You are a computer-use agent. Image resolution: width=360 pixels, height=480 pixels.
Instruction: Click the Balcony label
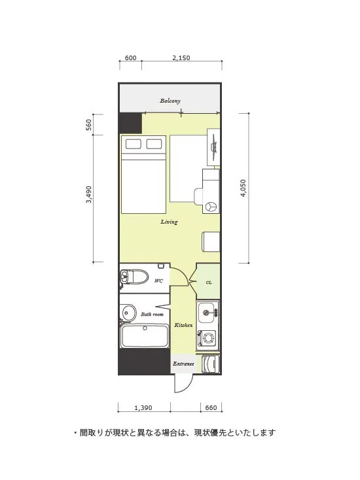[170, 101]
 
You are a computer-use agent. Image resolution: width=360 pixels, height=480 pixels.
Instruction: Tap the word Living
[169, 222]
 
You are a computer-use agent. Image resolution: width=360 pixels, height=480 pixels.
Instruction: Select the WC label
[158, 281]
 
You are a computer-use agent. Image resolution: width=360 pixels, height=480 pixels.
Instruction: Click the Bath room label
[152, 314]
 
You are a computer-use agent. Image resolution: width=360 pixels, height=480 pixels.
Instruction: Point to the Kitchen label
[183, 325]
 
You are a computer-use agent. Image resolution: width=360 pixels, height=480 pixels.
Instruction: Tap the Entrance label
[183, 364]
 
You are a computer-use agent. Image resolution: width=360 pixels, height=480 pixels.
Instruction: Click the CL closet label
[209, 283]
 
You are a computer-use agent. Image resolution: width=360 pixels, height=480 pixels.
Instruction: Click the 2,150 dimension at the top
[181, 58]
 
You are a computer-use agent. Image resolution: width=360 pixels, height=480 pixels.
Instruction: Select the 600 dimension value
[130, 58]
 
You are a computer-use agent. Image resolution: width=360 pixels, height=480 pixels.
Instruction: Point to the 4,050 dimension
[243, 188]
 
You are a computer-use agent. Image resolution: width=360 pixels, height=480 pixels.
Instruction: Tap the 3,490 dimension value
[88, 194]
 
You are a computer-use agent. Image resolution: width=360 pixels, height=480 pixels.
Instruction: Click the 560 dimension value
[88, 125]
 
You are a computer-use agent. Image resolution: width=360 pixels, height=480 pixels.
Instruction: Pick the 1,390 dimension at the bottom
[143, 408]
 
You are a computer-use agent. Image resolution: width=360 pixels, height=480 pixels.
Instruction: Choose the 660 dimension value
[211, 408]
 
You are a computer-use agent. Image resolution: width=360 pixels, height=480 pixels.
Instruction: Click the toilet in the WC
[134, 277]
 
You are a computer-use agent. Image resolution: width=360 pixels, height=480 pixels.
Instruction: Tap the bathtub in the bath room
[145, 336]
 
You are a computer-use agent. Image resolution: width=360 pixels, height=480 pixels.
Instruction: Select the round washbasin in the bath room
[129, 313]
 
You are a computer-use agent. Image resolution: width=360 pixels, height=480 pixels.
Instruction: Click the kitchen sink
[207, 313]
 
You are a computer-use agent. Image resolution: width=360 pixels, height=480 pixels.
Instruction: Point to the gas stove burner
[209, 339]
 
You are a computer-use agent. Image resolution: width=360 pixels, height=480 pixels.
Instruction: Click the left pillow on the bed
[134, 144]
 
